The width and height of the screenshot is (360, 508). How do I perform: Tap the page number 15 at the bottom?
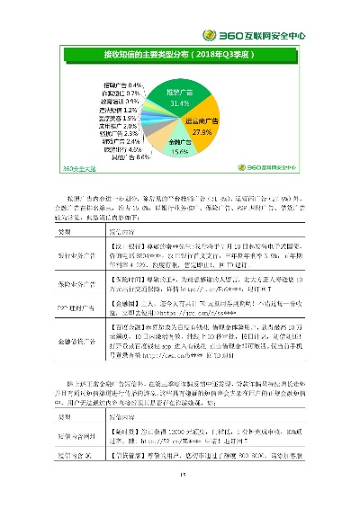point(180,478)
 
